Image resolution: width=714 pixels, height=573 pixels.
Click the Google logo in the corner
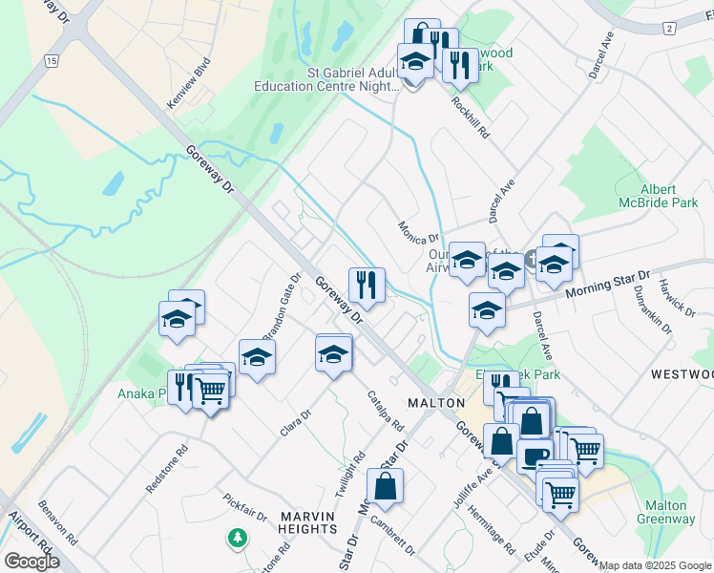coord(31,561)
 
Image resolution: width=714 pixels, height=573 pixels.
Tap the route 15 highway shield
coord(52,61)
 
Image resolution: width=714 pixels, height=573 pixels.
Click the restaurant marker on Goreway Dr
coord(367,284)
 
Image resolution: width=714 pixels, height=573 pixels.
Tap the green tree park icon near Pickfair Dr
coord(236,539)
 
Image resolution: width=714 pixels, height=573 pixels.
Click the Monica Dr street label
coord(418,232)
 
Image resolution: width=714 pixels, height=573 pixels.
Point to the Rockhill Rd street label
coord(470,119)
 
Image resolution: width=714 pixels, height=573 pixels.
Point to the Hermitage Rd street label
coord(493,529)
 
